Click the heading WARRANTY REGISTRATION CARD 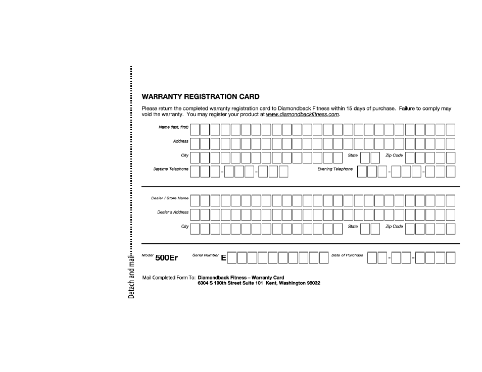pos(201,96)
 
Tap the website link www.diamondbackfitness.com pos(303,115)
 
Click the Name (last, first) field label pos(173,127)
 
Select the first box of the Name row pos(195,130)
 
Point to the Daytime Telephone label pos(171,169)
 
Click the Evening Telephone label pos(335,169)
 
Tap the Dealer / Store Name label pos(170,198)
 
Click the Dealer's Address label pos(173,212)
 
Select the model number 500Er pos(167,258)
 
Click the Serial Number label pos(206,255)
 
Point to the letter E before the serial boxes pos(223,258)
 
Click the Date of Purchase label pos(347,255)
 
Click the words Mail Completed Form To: pos(169,278)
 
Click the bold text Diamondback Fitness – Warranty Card pos(241,278)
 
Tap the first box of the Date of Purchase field pos(372,258)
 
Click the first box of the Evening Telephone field pos(362,172)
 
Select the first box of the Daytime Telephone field pos(195,172)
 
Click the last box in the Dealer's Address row pos(450,215)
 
